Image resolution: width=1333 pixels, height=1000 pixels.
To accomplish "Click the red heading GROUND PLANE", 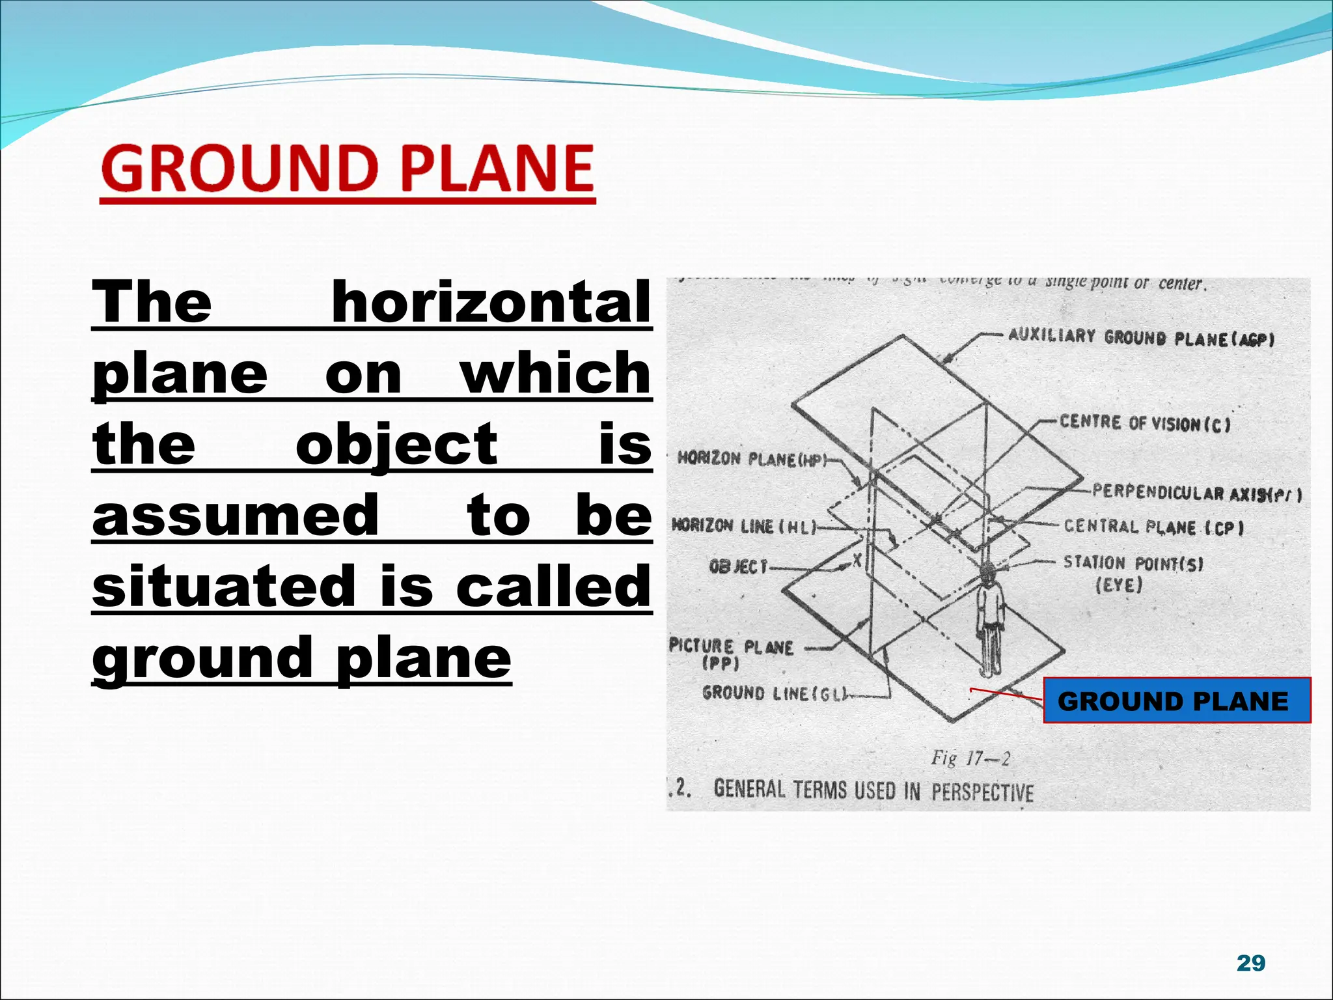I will [348, 169].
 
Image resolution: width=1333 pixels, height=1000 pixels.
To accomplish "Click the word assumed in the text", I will [236, 515].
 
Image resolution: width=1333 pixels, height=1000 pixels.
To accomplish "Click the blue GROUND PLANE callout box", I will [1176, 701].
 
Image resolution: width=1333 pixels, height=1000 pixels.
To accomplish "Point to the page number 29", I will [1250, 962].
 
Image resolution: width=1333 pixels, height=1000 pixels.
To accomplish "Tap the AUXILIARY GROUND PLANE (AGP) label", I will [1140, 337].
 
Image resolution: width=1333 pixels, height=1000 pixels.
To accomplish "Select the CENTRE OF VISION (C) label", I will [1145, 423].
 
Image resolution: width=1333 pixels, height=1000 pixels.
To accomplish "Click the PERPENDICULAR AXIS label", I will [1196, 493].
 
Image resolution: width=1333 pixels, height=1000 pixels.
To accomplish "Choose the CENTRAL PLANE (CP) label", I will [1154, 527].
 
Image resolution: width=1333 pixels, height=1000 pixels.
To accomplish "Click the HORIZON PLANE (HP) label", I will [750, 459].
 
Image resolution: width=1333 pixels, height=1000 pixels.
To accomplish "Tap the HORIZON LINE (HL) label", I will [743, 526].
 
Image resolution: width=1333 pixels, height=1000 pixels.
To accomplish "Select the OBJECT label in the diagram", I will [738, 567].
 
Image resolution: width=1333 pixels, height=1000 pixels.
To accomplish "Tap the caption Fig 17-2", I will [970, 758].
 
